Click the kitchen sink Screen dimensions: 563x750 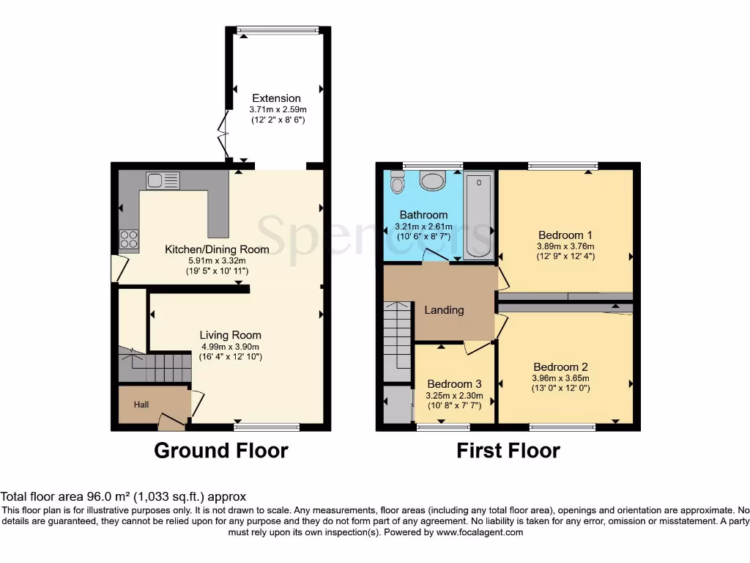162,180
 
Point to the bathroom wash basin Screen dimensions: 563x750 433,180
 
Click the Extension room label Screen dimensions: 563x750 276,98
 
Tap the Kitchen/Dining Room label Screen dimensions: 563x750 217,249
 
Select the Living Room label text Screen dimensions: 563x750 231,335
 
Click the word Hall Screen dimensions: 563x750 142,404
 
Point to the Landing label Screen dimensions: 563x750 444,309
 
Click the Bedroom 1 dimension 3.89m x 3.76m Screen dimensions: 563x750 565,246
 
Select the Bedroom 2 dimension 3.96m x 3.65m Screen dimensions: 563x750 561,378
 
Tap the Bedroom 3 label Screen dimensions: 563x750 454,384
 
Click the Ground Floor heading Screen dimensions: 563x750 220,450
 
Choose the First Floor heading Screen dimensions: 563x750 508,450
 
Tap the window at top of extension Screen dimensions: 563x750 278,30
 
